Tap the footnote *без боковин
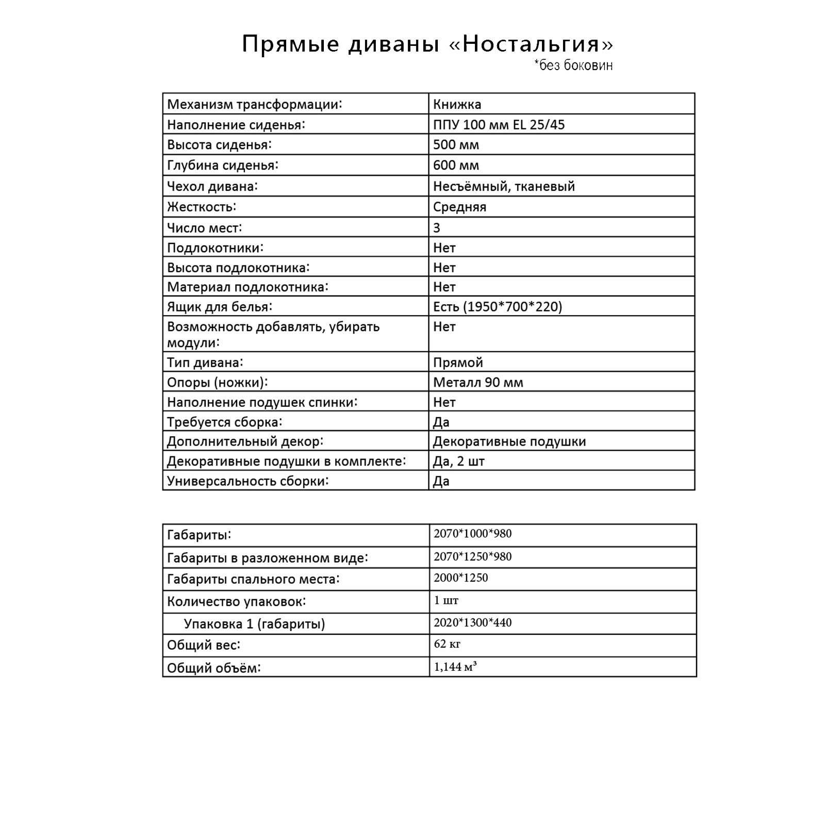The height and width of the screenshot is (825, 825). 573,65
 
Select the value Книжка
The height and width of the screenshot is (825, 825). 457,104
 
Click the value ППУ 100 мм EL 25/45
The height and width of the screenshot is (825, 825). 499,125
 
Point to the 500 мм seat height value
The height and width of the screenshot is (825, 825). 456,145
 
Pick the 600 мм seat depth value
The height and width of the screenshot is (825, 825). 456,166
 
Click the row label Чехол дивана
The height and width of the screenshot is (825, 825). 212,186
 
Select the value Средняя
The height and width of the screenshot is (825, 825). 459,207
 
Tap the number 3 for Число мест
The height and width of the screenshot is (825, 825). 437,228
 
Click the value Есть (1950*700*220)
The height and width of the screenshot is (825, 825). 498,307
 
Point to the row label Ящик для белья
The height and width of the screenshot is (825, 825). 219,307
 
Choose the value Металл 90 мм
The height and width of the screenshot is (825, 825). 478,383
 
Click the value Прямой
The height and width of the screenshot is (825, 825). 458,362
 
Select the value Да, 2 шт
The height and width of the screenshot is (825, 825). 459,461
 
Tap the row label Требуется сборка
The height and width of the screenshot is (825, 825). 224,422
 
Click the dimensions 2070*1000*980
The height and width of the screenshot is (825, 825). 472,534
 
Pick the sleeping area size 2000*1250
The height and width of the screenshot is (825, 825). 460,578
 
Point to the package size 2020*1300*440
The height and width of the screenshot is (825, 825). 472,623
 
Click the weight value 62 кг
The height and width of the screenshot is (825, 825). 447,644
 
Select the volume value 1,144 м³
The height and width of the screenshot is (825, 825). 455,667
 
